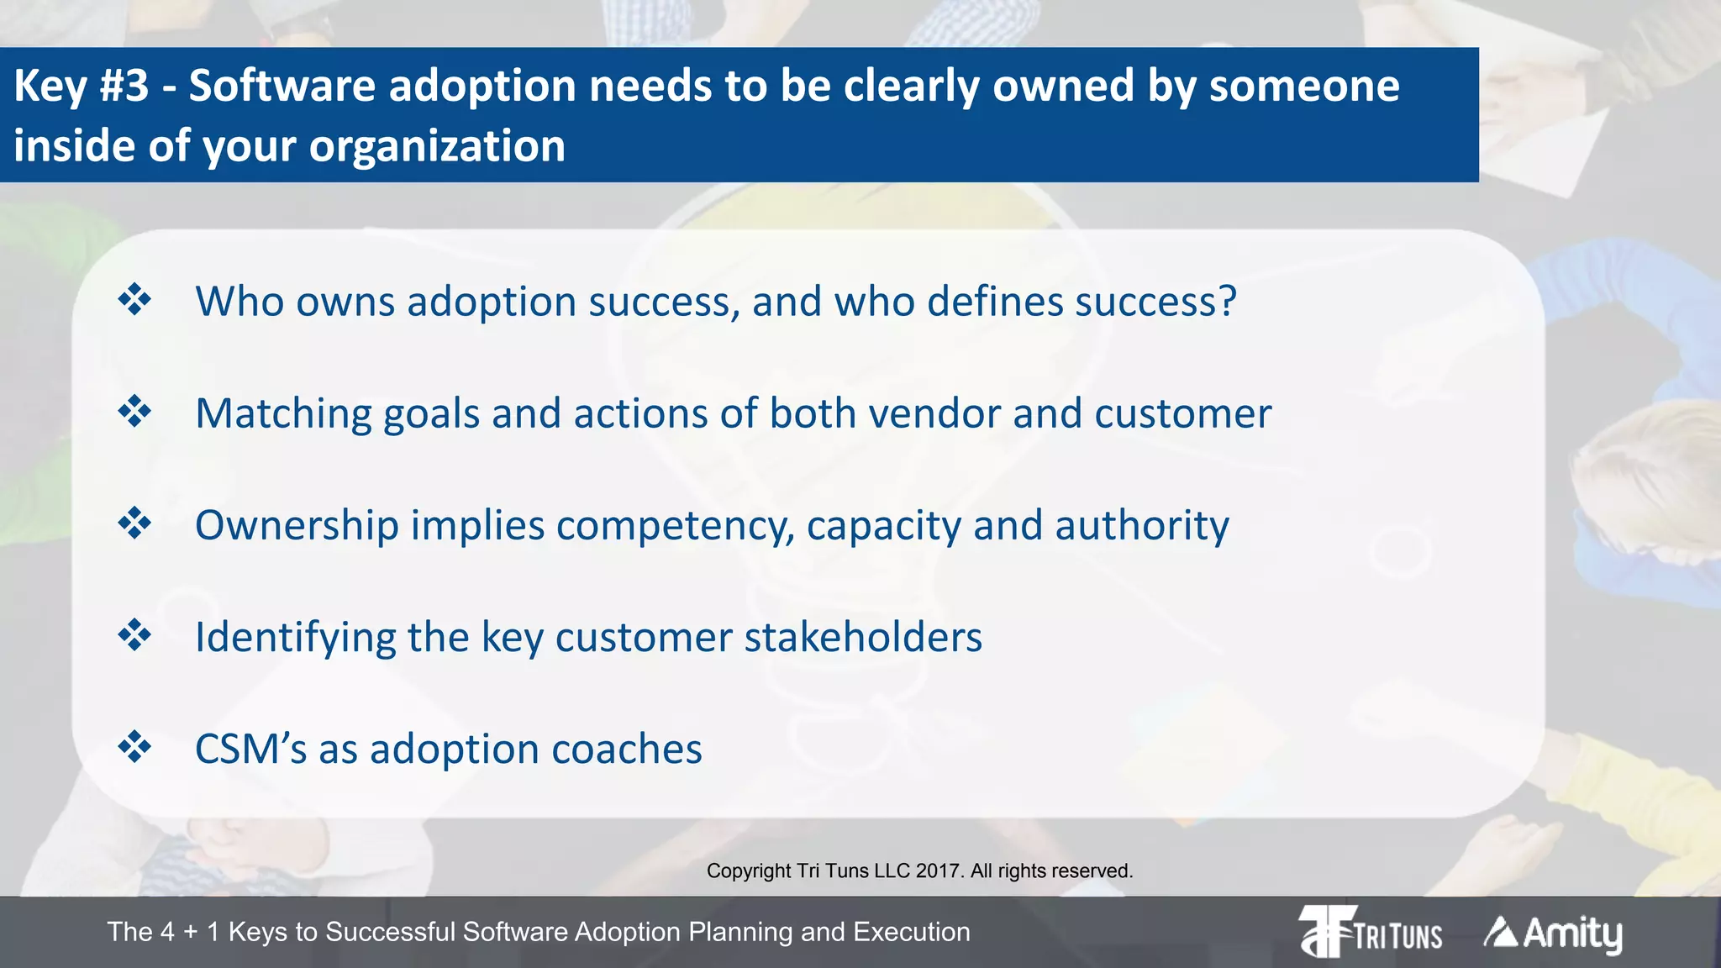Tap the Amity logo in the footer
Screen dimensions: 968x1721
[x=1553, y=934]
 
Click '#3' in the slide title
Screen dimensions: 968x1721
[x=124, y=86]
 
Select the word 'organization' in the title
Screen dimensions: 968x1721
[x=437, y=146]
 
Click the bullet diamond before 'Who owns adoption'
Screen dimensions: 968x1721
[x=134, y=300]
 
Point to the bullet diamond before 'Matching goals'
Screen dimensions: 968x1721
[x=134, y=412]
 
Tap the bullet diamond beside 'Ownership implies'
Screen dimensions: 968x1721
[x=134, y=523]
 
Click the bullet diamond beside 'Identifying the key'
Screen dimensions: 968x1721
[x=134, y=635]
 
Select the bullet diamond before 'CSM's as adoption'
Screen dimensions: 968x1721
[x=134, y=747]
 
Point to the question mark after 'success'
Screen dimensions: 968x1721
[x=1228, y=301]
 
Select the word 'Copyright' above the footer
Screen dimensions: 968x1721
[x=748, y=871]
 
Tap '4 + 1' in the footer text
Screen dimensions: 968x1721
[x=191, y=932]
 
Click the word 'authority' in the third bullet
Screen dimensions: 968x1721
[x=1142, y=526]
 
